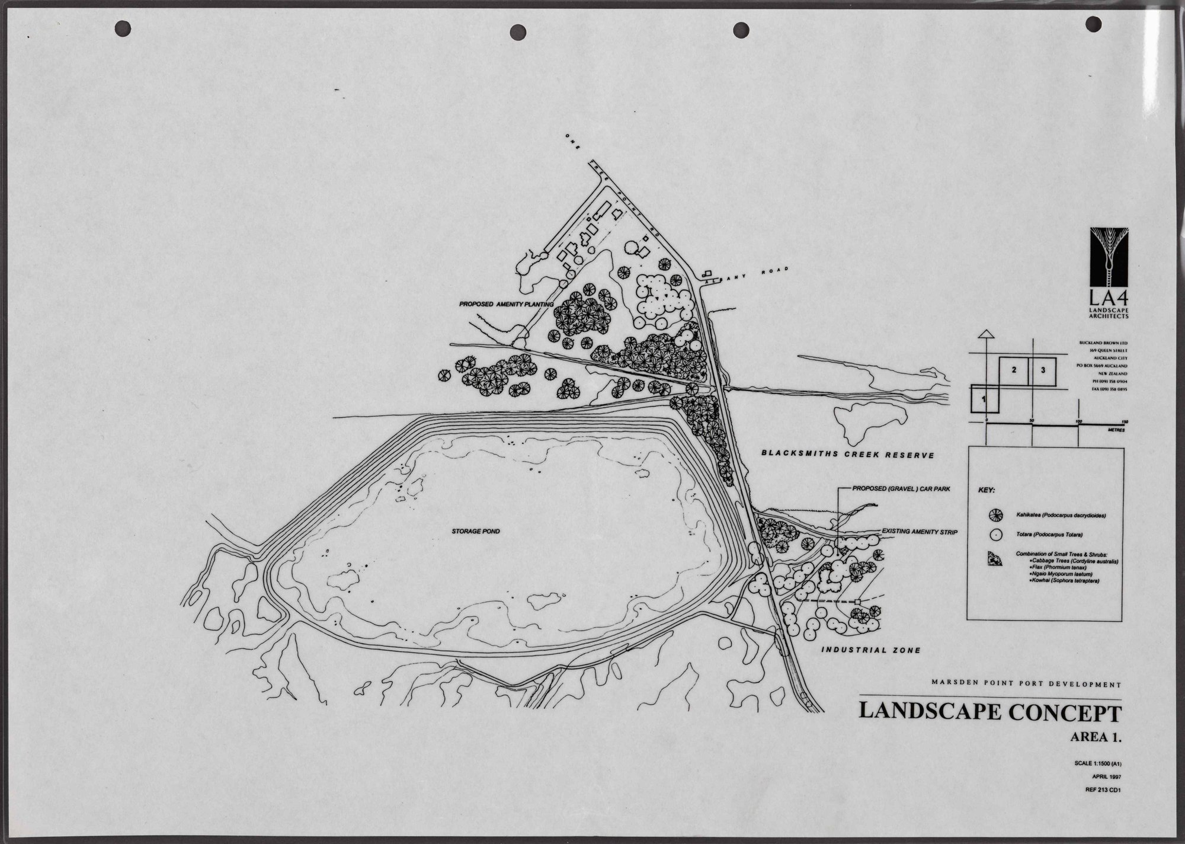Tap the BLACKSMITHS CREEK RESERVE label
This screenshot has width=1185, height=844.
coord(847,455)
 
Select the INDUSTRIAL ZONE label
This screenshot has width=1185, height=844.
coord(870,650)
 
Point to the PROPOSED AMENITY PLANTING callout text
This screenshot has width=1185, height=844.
coord(506,304)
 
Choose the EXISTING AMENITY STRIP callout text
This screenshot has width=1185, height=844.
coord(920,532)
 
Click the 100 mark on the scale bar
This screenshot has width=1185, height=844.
coord(1078,421)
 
